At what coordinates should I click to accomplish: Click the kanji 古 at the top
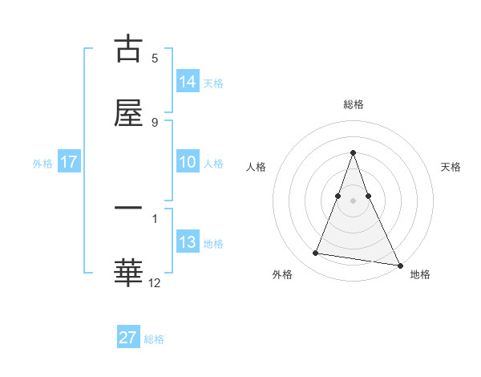pyautogui.click(x=128, y=50)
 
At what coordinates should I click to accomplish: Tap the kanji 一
pyautogui.click(x=128, y=209)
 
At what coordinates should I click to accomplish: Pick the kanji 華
pyautogui.click(x=128, y=271)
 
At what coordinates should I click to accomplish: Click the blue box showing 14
pyautogui.click(x=188, y=82)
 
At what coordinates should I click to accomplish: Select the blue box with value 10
pyautogui.click(x=188, y=162)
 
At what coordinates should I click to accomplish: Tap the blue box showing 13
pyautogui.click(x=188, y=242)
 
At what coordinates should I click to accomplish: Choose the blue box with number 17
pyautogui.click(x=69, y=162)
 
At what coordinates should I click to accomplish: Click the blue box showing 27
pyautogui.click(x=128, y=338)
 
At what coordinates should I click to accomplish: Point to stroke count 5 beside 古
pyautogui.click(x=155, y=59)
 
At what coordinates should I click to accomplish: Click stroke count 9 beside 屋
pyautogui.click(x=155, y=122)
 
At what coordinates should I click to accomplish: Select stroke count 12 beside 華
pyautogui.click(x=155, y=282)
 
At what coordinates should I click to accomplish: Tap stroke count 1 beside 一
pyautogui.click(x=155, y=217)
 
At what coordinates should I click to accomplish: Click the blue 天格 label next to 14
pyautogui.click(x=213, y=83)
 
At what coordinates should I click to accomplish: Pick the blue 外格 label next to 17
pyautogui.click(x=42, y=164)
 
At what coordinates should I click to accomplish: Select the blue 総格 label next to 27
pyautogui.click(x=154, y=339)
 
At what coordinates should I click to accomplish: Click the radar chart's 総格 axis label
pyautogui.click(x=353, y=104)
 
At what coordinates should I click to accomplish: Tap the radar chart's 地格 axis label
pyautogui.click(x=420, y=274)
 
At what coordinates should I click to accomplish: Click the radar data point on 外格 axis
pyautogui.click(x=316, y=253)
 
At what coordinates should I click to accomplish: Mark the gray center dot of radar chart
pyautogui.click(x=353, y=201)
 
